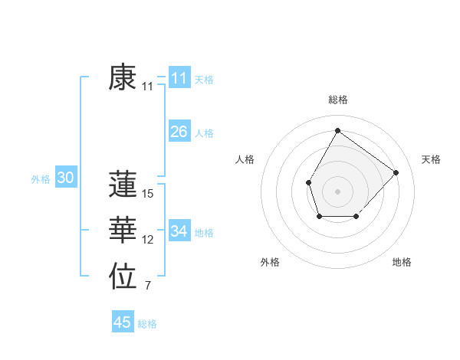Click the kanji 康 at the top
123,77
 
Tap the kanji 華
123,231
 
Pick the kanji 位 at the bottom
123,277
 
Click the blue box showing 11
179,78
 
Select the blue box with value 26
179,132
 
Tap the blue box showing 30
65,178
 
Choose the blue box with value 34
179,231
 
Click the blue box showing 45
123,322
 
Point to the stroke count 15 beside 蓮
148,194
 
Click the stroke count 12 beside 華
148,240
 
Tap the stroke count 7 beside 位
148,286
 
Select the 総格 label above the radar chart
337,100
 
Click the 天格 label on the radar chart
431,159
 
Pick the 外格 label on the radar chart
270,262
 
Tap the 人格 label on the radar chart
245,159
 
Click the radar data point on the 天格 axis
396,172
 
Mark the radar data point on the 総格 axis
337,130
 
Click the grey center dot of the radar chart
337,191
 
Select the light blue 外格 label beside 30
41,179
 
